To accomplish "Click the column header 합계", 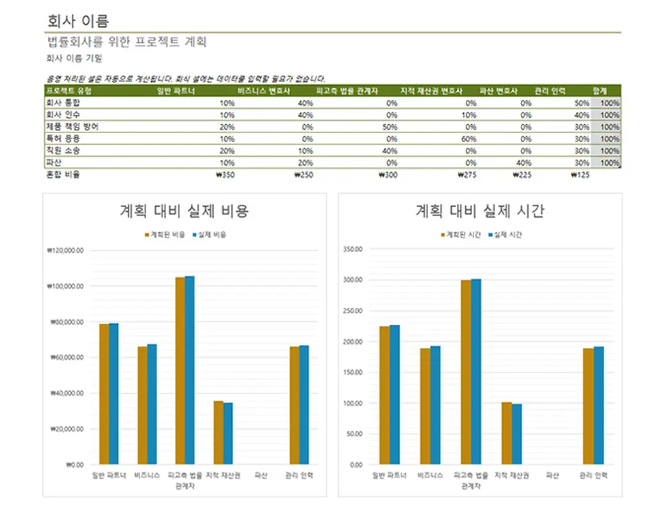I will click(x=600, y=92).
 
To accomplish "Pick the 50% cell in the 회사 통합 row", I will click(x=581, y=103).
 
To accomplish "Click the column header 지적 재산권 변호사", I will click(x=431, y=92).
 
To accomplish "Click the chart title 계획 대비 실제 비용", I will click(x=184, y=211).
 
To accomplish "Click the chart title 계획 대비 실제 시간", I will click(x=480, y=211).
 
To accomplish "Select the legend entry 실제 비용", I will click(x=212, y=235).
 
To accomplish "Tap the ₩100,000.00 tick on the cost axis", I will click(x=65, y=286).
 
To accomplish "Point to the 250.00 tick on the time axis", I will click(x=353, y=311).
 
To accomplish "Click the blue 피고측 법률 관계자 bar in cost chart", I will click(x=190, y=370).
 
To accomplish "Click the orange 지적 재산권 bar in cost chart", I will click(x=218, y=432).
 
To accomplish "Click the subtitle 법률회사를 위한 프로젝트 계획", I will click(x=127, y=43).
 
